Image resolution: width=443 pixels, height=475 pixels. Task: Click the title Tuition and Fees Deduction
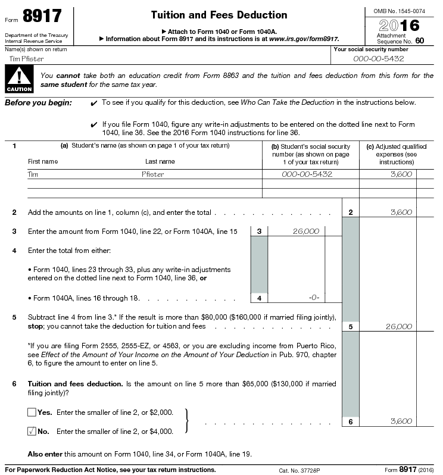click(x=219, y=15)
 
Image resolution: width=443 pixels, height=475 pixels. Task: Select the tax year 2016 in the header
click(x=399, y=25)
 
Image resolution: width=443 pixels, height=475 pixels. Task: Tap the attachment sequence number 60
click(x=420, y=40)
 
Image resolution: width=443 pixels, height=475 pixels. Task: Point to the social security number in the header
click(x=378, y=58)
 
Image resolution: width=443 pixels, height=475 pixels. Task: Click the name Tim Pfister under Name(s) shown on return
click(x=27, y=59)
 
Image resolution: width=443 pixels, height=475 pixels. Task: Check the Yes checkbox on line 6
click(x=32, y=412)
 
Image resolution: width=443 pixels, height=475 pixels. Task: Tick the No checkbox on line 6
click(x=32, y=431)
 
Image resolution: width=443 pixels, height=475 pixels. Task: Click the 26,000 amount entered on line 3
click(x=305, y=231)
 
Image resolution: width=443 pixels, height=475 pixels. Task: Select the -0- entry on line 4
click(x=314, y=298)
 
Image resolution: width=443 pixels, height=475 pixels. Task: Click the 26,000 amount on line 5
click(x=398, y=326)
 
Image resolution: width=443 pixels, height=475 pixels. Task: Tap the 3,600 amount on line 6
click(x=401, y=421)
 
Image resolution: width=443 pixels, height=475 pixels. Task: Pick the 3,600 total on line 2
click(x=401, y=212)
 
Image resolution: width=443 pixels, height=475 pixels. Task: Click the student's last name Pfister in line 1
click(x=152, y=174)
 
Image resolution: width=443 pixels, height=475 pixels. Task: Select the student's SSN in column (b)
click(x=307, y=174)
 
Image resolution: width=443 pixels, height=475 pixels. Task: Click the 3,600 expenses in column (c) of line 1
click(x=401, y=174)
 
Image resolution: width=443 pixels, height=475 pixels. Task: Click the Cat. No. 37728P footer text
click(x=300, y=470)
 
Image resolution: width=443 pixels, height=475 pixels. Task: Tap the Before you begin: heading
click(x=38, y=102)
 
